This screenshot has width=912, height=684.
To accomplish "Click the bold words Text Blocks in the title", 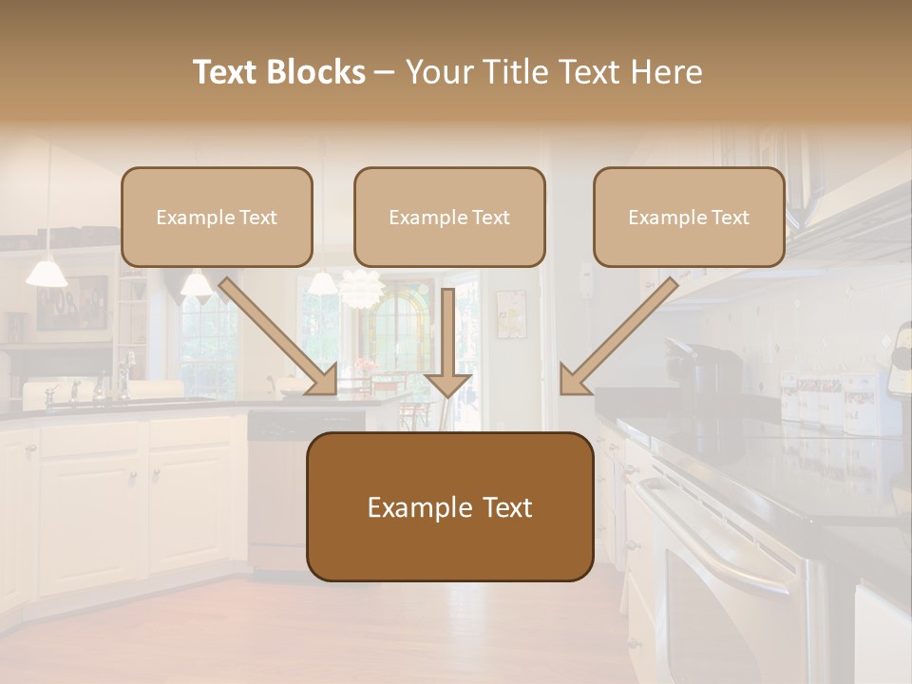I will [x=278, y=72].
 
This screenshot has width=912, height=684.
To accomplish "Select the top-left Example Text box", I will [x=217, y=217].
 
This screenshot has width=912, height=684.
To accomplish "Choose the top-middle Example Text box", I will [x=449, y=217].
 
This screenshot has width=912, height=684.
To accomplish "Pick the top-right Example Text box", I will [x=689, y=217].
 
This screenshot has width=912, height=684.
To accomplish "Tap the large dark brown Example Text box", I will [x=449, y=507].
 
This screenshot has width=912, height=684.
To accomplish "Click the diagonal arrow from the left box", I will [x=280, y=336].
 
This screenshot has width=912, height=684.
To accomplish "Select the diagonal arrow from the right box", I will [x=617, y=337].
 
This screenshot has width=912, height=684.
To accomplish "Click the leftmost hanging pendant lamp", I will [x=47, y=274].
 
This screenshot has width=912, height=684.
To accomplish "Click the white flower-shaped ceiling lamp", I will [x=359, y=288].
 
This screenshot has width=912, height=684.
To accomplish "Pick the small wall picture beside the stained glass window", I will [x=510, y=314].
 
